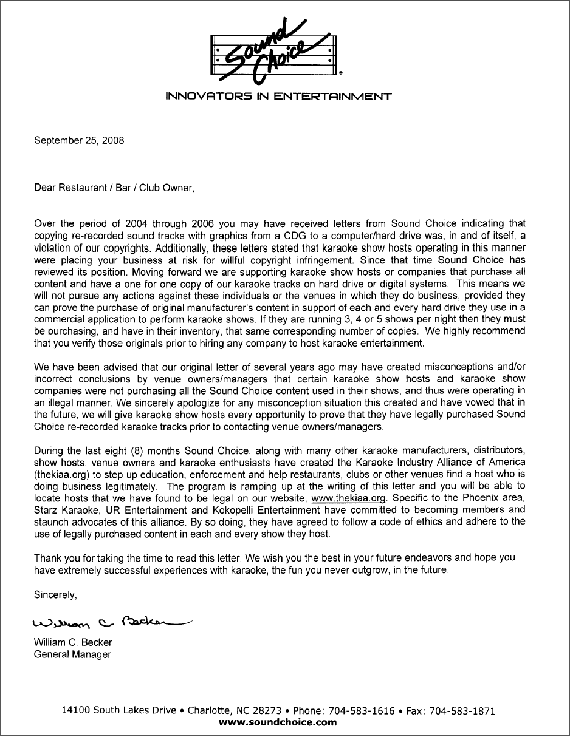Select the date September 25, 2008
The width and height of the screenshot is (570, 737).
tap(79, 140)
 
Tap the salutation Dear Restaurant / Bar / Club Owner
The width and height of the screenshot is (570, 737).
tap(114, 188)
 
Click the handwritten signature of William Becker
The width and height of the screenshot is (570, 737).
tap(109, 623)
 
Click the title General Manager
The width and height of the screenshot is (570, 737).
tap(72, 654)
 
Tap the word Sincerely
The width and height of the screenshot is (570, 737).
tap(55, 595)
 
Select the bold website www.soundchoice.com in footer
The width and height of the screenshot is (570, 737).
tap(277, 722)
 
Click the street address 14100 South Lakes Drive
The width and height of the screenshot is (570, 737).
tap(119, 711)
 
